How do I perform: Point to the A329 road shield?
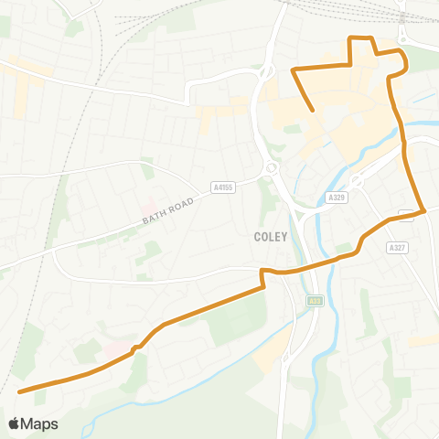336,197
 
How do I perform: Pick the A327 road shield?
396,247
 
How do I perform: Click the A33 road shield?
316,300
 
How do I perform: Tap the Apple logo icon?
14,423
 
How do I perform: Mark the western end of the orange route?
20,391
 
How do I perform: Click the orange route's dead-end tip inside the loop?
314,111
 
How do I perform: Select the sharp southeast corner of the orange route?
425,211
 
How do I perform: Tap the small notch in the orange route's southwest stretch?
135,348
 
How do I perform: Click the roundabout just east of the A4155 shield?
272,168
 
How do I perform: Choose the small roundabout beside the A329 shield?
357,182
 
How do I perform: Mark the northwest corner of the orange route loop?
292,70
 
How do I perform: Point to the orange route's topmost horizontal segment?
362,37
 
